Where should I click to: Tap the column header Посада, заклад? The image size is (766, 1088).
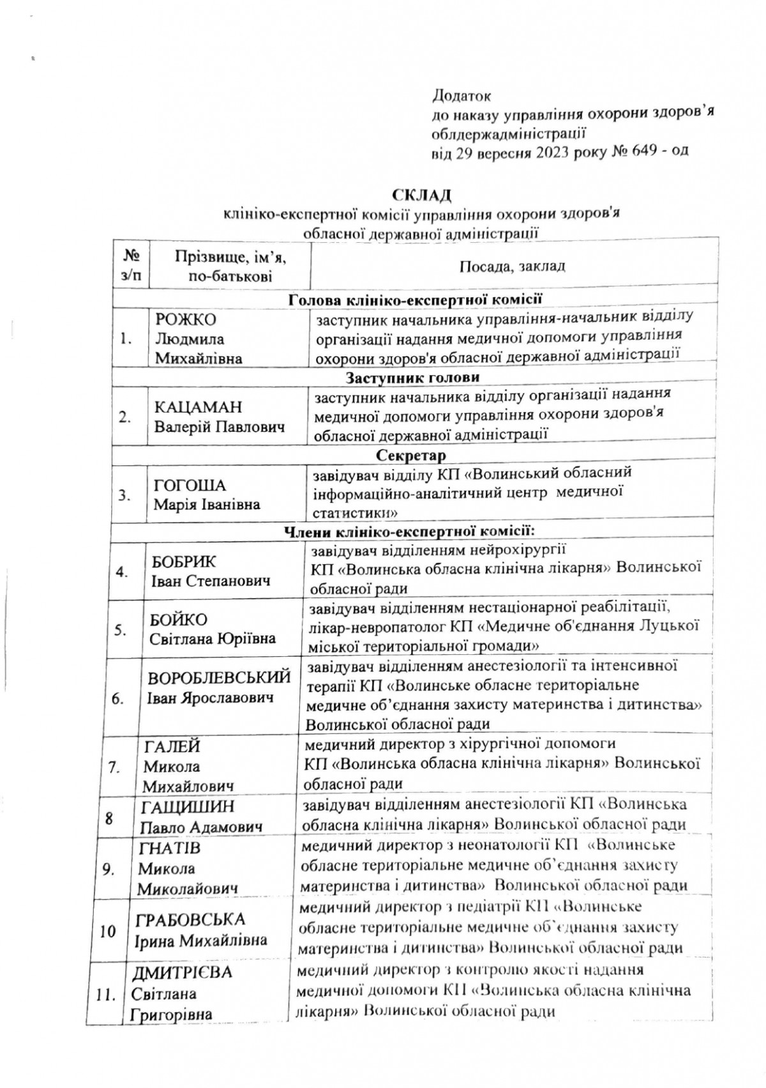coord(513,266)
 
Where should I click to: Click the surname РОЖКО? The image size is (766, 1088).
coord(186,320)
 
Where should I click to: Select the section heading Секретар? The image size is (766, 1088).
coord(411,456)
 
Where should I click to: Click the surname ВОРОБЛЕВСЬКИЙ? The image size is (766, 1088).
coord(219,678)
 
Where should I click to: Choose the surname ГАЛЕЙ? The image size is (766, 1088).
coord(172,746)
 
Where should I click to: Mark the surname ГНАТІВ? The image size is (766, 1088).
coord(169,848)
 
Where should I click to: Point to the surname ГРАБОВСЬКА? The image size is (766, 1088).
coord(191,920)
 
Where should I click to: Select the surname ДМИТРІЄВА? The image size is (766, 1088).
coord(182,973)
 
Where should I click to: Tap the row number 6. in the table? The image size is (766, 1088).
coord(118,698)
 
